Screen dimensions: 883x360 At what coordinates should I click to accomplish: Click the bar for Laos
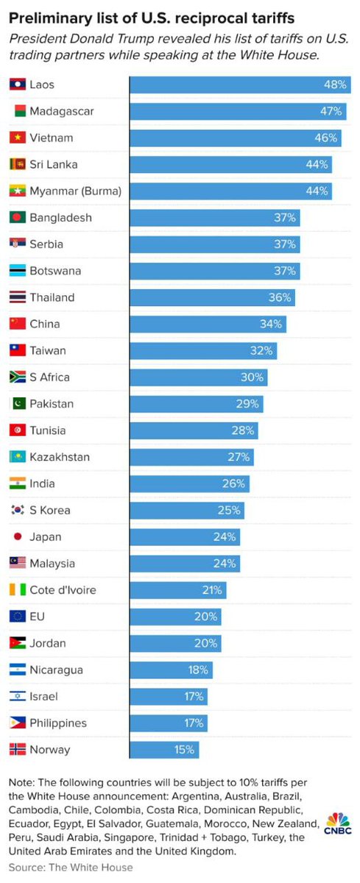click(239, 85)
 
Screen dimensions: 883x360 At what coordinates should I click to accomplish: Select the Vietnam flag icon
click(18, 138)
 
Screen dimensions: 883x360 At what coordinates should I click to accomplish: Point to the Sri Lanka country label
click(53, 165)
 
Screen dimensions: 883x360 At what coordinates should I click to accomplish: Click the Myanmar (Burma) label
click(75, 191)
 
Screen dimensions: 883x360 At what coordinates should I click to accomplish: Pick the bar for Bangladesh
click(215, 218)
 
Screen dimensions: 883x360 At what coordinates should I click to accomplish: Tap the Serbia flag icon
click(18, 244)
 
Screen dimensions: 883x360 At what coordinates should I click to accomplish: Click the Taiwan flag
click(18, 351)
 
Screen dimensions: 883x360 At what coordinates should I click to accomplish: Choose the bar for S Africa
click(199, 377)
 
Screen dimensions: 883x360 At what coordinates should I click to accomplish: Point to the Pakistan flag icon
click(18, 404)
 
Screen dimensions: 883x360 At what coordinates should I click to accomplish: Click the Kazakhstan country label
click(60, 457)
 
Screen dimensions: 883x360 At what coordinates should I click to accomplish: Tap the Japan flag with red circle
click(18, 537)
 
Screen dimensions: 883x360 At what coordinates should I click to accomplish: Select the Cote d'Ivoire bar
click(178, 590)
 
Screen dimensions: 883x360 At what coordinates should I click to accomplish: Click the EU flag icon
click(18, 617)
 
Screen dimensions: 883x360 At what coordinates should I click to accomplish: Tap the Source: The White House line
click(71, 868)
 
